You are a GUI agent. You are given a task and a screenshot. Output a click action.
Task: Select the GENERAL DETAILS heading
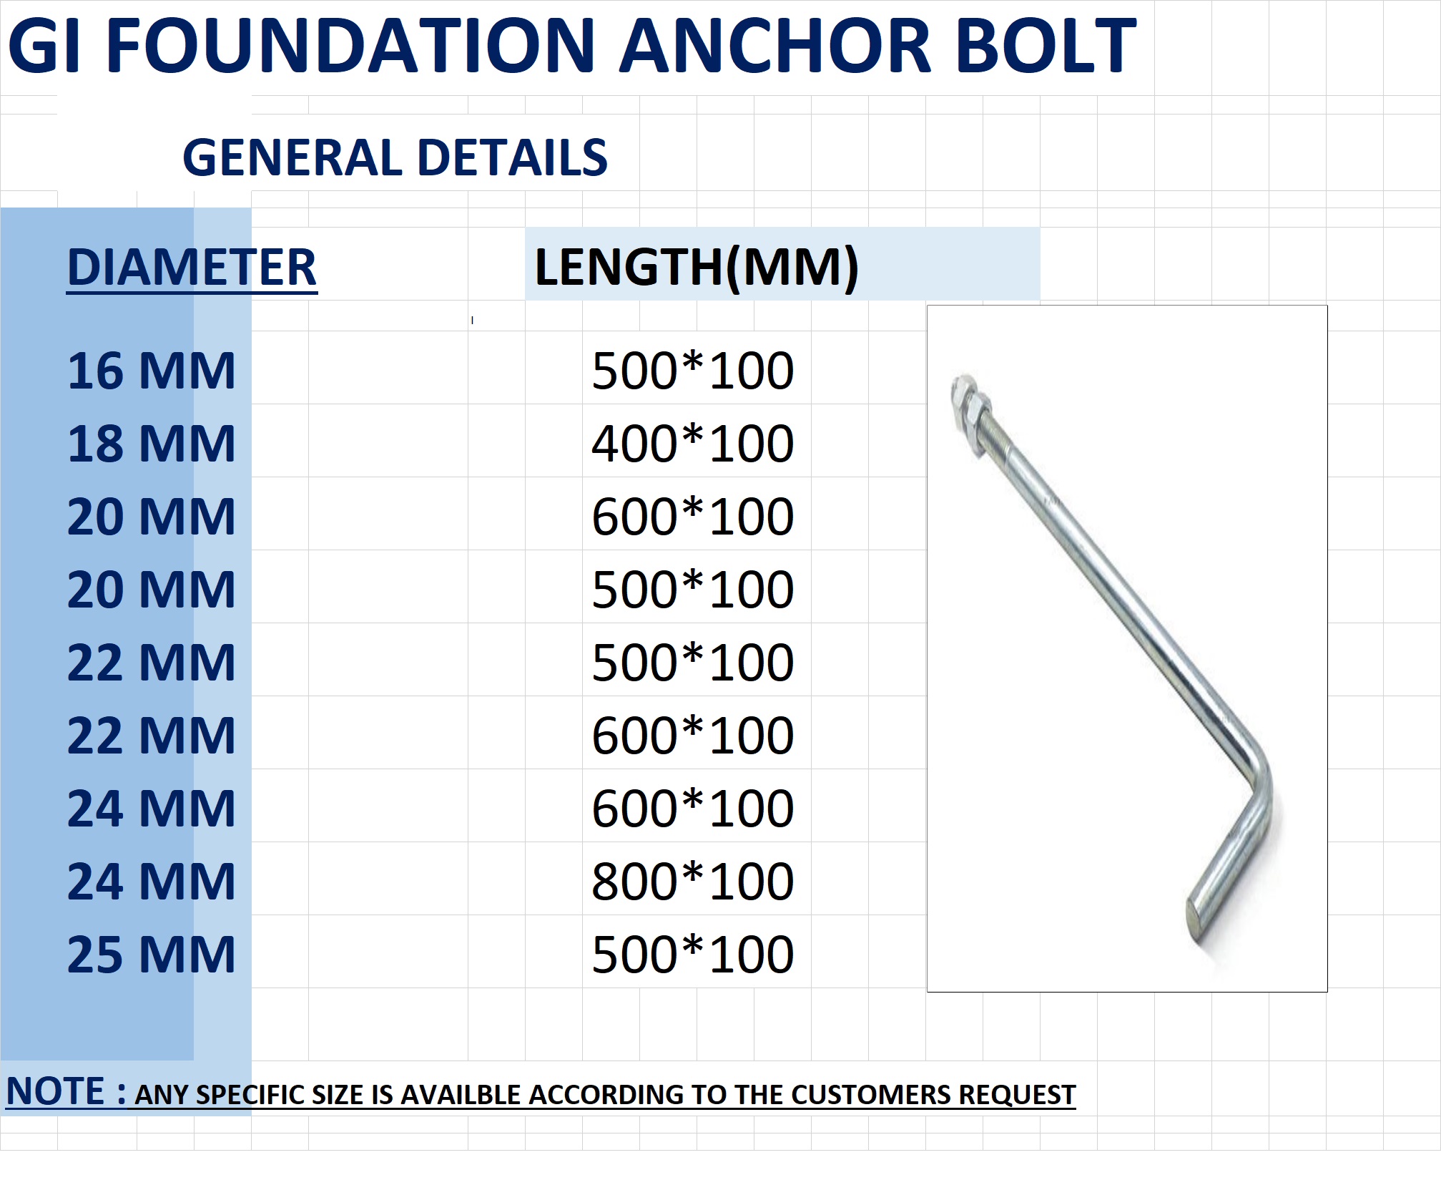[395, 157]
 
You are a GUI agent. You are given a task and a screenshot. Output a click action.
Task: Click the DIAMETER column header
[192, 268]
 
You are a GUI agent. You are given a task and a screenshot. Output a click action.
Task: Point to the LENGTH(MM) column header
[696, 266]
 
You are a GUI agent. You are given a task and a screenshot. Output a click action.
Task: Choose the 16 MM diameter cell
[151, 371]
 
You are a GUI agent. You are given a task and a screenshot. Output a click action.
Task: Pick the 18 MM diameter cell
[151, 444]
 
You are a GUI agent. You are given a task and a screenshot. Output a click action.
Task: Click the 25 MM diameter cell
[151, 955]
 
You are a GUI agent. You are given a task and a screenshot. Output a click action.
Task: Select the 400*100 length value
[692, 444]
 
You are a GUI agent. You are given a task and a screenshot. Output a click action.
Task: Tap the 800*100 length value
[692, 882]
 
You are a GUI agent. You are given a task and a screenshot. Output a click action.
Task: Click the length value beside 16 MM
[692, 371]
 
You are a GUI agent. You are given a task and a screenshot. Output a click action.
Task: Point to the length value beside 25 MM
[692, 955]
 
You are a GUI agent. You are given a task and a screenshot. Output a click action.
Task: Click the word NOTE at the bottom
[56, 1091]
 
